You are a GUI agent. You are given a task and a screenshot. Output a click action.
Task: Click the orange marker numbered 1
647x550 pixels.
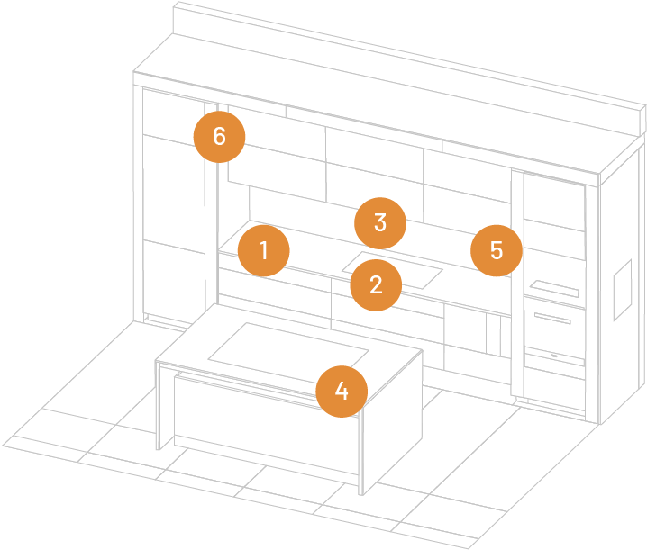(263, 251)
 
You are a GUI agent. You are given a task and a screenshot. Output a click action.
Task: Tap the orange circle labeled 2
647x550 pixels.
(376, 285)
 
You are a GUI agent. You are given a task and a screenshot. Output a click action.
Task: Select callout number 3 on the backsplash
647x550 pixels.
(379, 222)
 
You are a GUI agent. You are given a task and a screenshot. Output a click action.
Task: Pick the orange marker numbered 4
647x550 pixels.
(341, 391)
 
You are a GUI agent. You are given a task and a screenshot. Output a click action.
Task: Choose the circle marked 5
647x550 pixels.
(497, 250)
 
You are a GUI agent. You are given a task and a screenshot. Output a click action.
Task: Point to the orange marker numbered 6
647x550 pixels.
(219, 137)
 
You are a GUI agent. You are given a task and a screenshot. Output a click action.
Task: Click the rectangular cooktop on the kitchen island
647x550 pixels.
(287, 346)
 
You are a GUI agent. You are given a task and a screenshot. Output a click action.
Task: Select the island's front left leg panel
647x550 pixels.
(164, 405)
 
